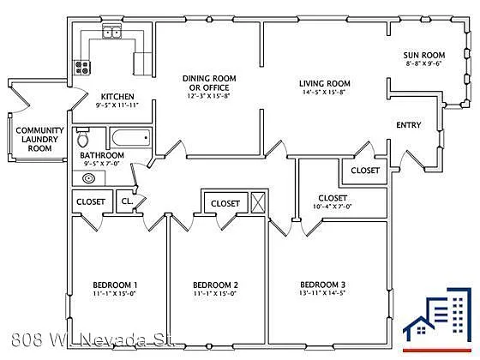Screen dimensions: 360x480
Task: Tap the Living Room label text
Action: point(330,83)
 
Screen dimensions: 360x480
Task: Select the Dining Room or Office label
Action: point(208,83)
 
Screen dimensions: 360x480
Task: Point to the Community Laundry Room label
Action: point(34,139)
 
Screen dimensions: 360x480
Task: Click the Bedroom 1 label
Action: point(116,285)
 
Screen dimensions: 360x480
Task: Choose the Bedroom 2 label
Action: point(215,285)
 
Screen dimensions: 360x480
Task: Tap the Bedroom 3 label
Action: point(322,285)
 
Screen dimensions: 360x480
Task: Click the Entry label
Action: point(409,126)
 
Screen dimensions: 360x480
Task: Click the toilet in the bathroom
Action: point(84,138)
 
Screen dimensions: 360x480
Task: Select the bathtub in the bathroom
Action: point(129,136)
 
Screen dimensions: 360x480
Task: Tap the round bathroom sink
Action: point(89,179)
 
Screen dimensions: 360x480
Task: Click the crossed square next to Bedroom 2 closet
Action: point(258,202)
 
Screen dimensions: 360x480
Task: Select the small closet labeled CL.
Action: point(127,201)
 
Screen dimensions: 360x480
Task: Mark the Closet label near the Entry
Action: point(365,171)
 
